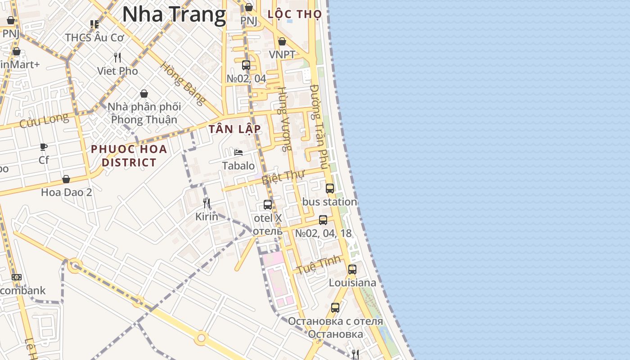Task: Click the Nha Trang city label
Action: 174,14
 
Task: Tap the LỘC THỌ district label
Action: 294,14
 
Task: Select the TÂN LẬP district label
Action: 234,129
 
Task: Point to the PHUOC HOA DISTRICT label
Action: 129,156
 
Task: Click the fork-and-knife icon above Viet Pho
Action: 117,58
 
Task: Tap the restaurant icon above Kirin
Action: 207,203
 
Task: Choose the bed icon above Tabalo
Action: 238,153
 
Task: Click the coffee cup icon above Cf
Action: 44,147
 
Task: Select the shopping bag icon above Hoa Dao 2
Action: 66,179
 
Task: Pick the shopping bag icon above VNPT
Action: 282,42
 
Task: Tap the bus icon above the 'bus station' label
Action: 330,189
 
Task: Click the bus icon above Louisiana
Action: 352,270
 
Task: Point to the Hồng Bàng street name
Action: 182,84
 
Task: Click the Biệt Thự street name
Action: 283,177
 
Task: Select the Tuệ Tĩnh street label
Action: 318,265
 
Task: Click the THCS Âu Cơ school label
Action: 94,37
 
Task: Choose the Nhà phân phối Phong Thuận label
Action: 144,113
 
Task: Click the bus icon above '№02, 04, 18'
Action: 323,220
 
